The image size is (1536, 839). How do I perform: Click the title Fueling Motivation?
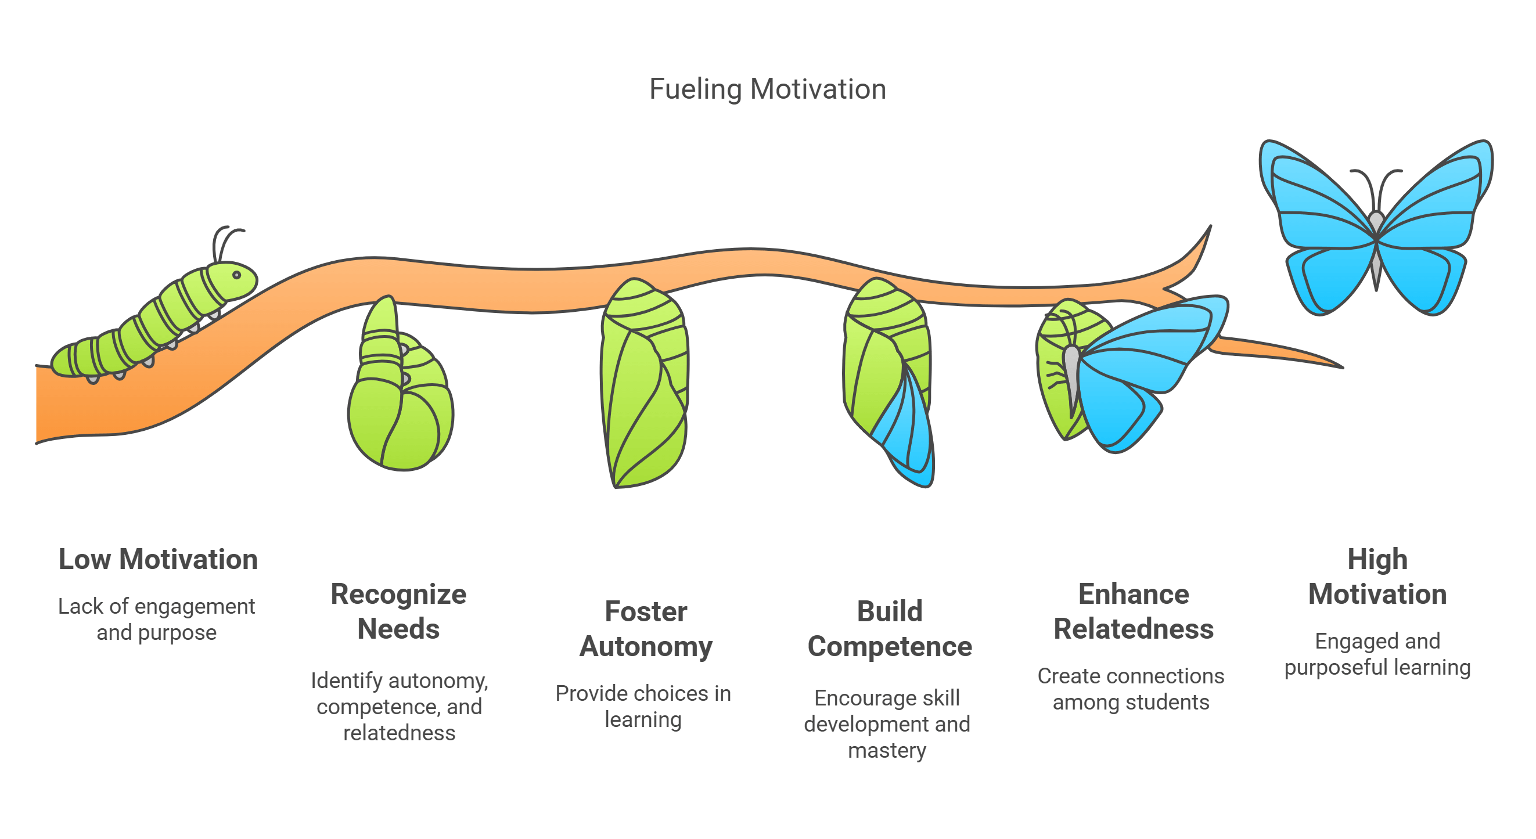[x=767, y=89]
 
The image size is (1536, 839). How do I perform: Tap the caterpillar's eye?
[x=236, y=275]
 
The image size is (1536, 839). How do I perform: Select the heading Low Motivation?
[x=158, y=559]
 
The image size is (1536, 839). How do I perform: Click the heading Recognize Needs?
[x=398, y=611]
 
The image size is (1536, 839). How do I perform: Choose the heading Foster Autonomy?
[x=646, y=628]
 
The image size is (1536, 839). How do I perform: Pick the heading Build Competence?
[x=889, y=628]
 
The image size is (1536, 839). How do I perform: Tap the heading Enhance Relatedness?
[x=1133, y=611]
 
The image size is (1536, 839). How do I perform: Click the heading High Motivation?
[x=1377, y=576]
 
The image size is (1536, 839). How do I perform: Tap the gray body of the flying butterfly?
[x=1376, y=250]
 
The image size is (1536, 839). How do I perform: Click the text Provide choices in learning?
[x=643, y=706]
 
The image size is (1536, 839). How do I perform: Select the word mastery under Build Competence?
[x=887, y=750]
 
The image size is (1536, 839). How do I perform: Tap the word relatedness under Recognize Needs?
[x=399, y=732]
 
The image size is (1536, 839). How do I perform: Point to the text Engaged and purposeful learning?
[x=1377, y=654]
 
